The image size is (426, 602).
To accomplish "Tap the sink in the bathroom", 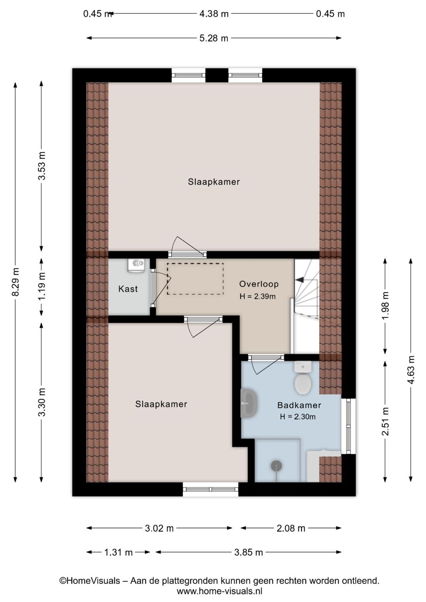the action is [249, 403].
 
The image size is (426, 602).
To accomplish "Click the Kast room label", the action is [128, 289].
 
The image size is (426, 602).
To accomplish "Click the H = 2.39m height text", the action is [258, 296].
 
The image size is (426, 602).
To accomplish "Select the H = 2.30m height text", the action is [298, 417].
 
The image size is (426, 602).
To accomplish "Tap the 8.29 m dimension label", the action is [16, 282].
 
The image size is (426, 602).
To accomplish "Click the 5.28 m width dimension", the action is [213, 38].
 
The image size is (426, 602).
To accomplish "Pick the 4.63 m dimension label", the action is [411, 370].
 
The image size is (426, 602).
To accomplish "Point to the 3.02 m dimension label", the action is [159, 528].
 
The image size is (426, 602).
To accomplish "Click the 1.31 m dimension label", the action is [118, 552].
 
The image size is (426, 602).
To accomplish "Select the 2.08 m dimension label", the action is [291, 528].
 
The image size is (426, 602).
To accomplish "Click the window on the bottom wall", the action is [211, 489].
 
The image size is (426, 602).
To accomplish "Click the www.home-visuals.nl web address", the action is [219, 591].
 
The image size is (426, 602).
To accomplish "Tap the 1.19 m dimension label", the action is [42, 287].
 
